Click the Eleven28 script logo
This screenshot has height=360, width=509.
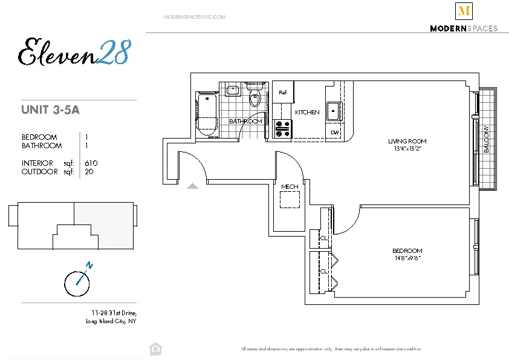point(74,52)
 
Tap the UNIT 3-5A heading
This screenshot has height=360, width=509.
point(51,110)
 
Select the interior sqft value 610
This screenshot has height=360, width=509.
point(91,163)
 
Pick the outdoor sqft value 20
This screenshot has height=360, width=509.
point(89,172)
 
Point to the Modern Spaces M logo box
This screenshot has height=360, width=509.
point(464,11)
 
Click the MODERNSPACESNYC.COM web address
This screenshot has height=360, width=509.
point(195,17)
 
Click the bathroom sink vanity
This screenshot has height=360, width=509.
point(233,91)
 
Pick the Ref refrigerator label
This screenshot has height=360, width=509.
point(282,93)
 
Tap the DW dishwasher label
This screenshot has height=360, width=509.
point(334,133)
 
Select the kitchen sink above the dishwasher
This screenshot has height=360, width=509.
point(333,111)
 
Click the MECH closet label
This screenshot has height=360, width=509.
point(290,186)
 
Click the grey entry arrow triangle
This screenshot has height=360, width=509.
point(192,186)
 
